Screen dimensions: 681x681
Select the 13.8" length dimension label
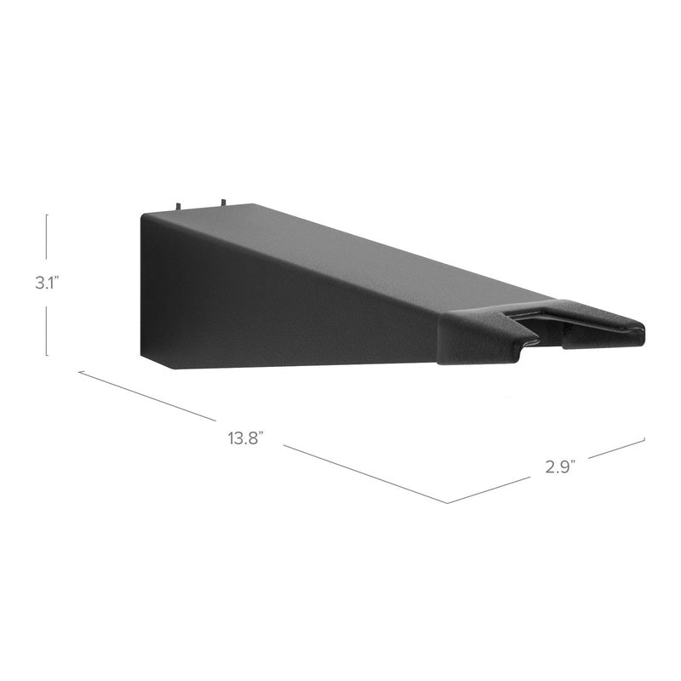click(x=245, y=438)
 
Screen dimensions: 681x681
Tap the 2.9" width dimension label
click(x=560, y=466)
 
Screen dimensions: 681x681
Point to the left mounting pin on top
click(x=180, y=206)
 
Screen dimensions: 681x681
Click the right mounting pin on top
click(x=221, y=203)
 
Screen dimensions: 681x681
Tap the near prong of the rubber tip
click(x=477, y=340)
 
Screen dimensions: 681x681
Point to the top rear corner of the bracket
click(x=144, y=214)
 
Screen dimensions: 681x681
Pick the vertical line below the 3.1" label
click(x=47, y=328)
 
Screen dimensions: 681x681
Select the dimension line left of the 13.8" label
click(x=145, y=396)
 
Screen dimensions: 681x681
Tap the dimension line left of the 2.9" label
click(x=494, y=487)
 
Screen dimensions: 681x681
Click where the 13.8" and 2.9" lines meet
click(x=448, y=502)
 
